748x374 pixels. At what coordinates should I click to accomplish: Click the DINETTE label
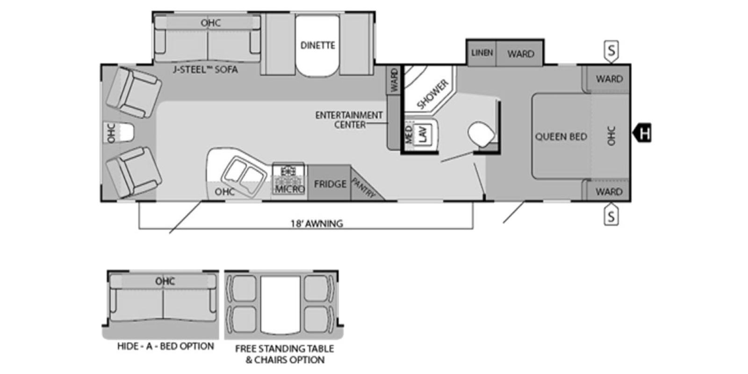317,45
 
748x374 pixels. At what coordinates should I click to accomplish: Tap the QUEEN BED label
561,137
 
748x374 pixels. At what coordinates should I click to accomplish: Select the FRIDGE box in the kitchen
330,184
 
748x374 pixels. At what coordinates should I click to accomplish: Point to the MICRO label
290,189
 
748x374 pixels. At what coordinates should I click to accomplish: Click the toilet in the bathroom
481,133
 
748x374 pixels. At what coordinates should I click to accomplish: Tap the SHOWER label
432,94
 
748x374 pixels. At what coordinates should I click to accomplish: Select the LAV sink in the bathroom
424,134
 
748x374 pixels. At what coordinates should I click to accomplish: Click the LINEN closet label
482,53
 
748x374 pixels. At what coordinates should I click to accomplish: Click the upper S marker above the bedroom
611,50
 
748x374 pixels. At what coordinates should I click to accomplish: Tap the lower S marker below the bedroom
611,216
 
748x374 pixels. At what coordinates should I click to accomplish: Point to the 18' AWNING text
316,223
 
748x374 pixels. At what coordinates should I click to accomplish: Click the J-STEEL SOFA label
205,70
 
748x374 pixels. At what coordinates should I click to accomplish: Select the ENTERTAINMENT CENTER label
349,120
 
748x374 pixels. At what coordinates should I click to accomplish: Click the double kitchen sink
241,176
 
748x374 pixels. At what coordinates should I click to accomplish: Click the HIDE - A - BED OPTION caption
165,346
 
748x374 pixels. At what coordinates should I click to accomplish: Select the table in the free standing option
280,304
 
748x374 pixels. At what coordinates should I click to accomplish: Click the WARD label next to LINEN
520,54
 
